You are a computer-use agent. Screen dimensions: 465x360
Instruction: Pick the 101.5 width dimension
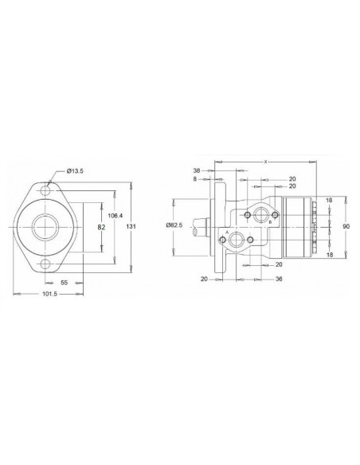pyautogui.click(x=48, y=295)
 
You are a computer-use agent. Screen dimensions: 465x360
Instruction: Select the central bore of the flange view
pyautogui.click(x=45, y=227)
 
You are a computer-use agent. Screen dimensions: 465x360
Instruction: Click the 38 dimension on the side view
pyautogui.click(x=197, y=170)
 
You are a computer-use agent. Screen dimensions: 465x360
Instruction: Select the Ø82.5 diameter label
pyautogui.click(x=175, y=225)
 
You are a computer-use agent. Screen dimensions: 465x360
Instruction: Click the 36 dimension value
pyautogui.click(x=279, y=279)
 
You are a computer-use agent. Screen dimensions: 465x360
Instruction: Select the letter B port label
pyautogui.click(x=270, y=222)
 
